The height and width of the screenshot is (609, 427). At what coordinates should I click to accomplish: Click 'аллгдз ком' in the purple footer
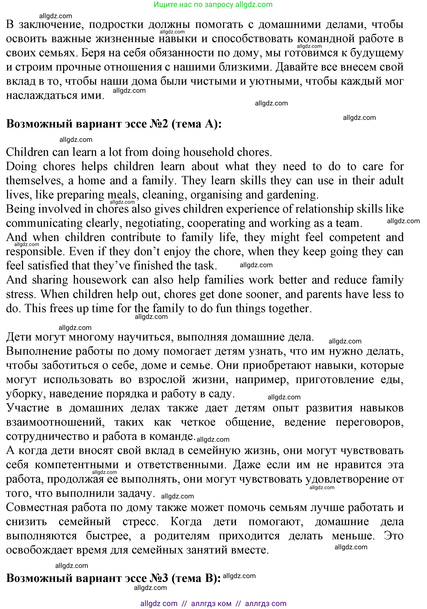click(x=211, y=603)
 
